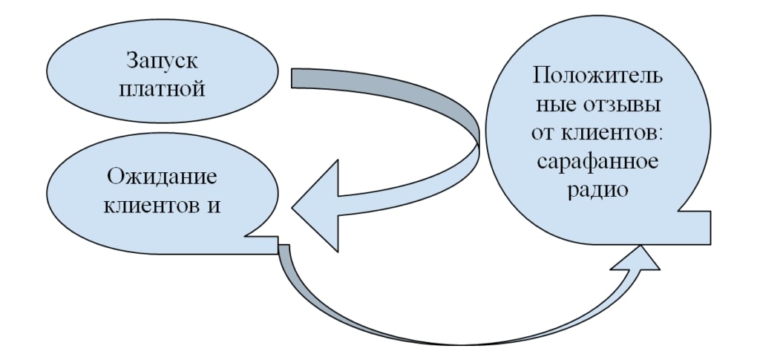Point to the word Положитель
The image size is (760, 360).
click(597, 76)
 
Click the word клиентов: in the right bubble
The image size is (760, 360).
click(613, 133)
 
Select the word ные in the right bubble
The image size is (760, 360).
click(553, 105)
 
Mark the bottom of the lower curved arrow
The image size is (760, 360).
click(445, 343)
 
